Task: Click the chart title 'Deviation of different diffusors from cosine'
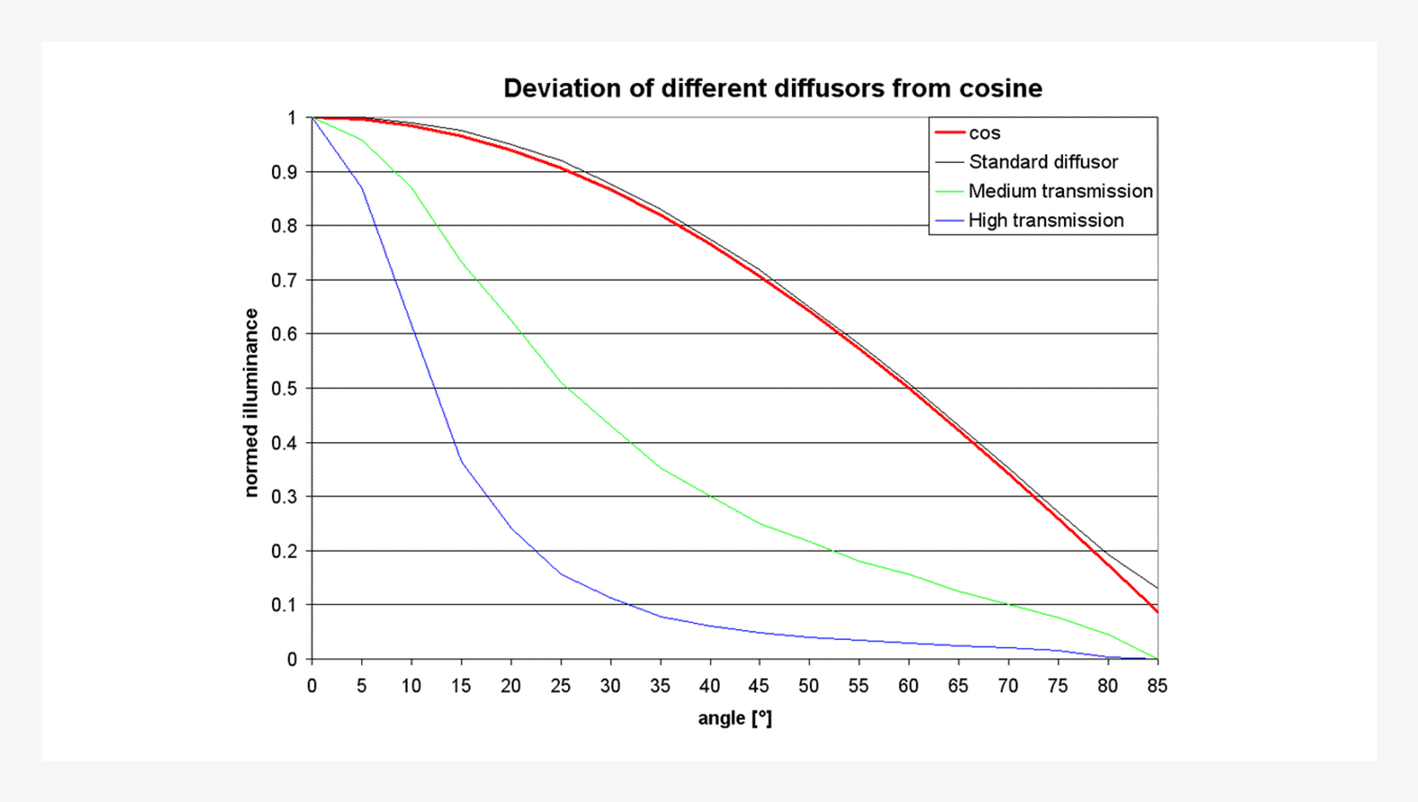772,88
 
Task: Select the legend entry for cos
985,133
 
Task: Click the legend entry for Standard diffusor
1043,162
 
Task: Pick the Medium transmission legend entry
1059,192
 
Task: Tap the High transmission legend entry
1045,220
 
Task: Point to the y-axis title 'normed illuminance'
251,403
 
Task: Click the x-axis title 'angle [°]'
735,718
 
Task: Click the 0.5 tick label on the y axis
284,389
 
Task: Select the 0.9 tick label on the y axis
284,172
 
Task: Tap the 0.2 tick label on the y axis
284,551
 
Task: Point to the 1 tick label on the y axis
292,118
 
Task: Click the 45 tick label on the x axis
759,686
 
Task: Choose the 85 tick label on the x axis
1157,686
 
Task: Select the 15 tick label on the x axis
461,686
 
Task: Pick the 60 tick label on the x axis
908,686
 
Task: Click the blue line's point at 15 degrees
461,462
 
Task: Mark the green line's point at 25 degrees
560,382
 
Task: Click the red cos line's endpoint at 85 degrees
1157,612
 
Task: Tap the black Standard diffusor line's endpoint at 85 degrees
1157,588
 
